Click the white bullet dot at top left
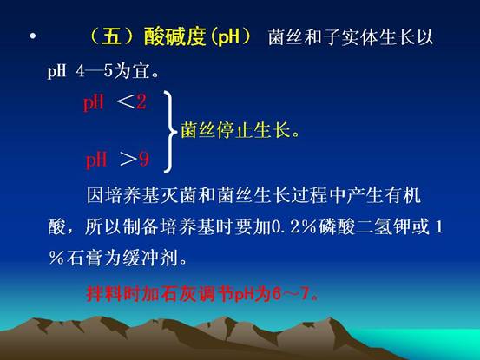click(x=33, y=36)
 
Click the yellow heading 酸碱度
click(x=174, y=36)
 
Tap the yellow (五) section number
click(x=111, y=36)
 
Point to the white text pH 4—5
click(x=80, y=72)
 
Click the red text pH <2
click(x=115, y=101)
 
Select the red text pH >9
click(x=117, y=160)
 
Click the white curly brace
click(x=169, y=132)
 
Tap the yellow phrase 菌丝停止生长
click(x=235, y=130)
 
